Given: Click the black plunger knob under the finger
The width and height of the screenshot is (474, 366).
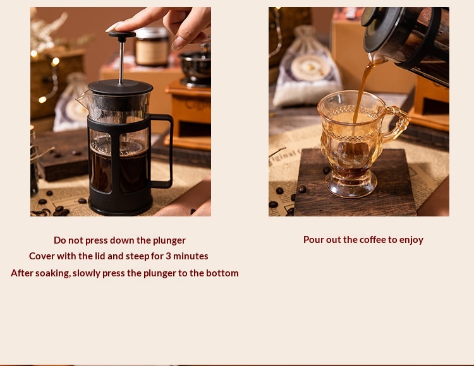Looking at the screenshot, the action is click(x=122, y=35).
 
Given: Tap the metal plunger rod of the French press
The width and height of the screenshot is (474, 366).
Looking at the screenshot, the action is click(x=121, y=62).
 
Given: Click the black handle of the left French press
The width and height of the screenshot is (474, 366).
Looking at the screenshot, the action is click(x=162, y=151).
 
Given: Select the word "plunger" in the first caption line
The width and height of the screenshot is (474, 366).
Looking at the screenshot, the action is click(x=169, y=240).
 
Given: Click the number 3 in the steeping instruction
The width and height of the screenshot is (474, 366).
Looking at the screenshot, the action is click(x=168, y=256).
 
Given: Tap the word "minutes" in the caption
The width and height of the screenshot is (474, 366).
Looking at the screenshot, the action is click(x=190, y=256).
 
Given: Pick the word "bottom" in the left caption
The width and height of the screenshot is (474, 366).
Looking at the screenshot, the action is click(x=222, y=273).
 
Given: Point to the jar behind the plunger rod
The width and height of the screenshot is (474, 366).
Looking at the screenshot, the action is click(x=152, y=47).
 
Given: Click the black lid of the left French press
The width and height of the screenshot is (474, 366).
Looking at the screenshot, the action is click(x=120, y=87).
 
